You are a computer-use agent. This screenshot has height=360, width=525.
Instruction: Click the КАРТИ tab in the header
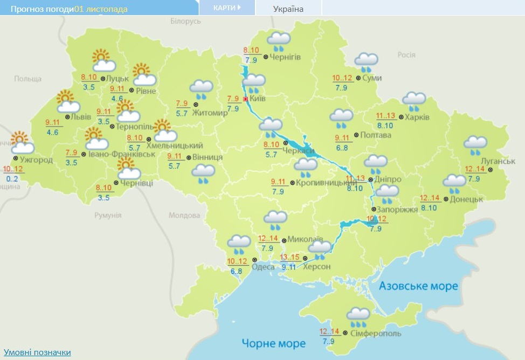(x=226, y=8)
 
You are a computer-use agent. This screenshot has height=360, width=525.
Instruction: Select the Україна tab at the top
(x=288, y=9)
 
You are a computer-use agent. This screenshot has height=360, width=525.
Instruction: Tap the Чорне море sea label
(x=273, y=343)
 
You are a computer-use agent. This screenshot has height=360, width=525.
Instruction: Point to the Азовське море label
(x=418, y=286)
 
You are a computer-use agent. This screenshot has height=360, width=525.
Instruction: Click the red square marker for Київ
(x=246, y=99)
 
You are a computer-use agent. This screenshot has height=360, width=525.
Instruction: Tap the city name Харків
(x=417, y=117)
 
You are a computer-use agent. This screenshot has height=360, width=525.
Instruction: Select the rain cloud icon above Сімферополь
(x=358, y=317)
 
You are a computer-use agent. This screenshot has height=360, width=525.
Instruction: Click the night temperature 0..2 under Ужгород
(x=12, y=178)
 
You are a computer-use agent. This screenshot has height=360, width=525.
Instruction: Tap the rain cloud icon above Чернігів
(x=279, y=41)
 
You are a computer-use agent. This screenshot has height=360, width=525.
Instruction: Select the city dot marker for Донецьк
(x=446, y=199)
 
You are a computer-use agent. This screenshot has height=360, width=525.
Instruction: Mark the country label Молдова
(x=184, y=215)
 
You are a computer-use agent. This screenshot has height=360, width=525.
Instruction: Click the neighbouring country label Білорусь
(x=185, y=21)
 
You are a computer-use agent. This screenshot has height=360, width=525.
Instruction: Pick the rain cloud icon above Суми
(x=366, y=62)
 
